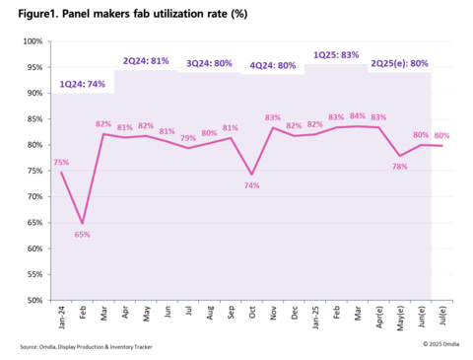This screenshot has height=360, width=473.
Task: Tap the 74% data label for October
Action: click(253, 185)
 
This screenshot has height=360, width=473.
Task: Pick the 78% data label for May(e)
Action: click(399, 166)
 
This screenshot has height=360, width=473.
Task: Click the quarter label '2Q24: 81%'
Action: click(147, 60)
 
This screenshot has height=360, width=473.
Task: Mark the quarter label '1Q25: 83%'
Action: click(336, 55)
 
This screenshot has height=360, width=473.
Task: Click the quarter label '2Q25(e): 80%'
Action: click(400, 63)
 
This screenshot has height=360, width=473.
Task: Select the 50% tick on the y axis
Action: click(33, 300)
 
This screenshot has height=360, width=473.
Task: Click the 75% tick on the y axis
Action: click(33, 171)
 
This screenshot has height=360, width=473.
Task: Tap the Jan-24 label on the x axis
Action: click(61, 318)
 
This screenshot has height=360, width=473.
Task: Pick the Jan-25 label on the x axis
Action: click(315, 318)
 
